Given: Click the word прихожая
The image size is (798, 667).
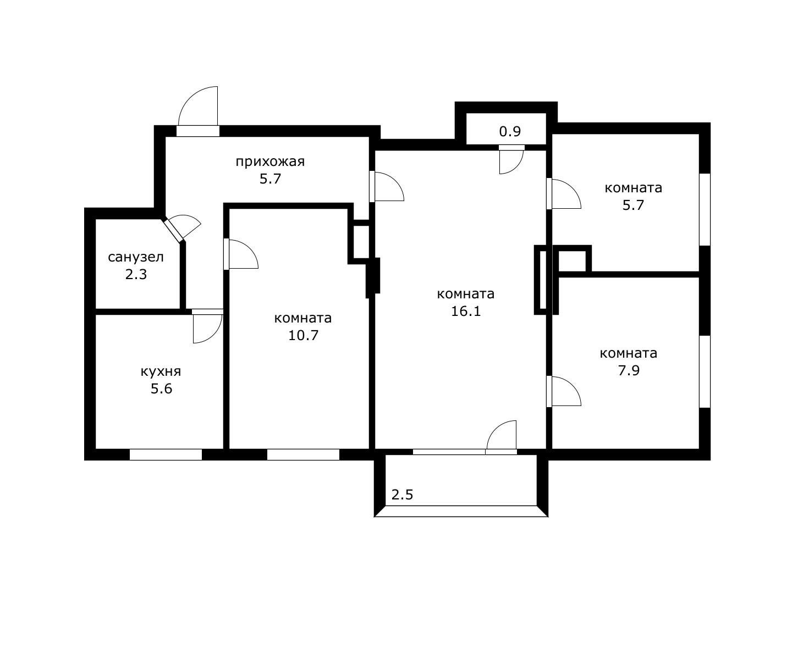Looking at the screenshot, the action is click(270, 162).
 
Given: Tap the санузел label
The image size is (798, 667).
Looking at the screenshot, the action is click(136, 257).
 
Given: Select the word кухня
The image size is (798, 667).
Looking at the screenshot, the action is click(161, 372).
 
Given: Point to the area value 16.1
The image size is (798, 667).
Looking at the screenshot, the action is click(466, 311).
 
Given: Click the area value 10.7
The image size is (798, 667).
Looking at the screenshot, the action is click(303, 335).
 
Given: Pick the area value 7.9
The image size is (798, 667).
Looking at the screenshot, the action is click(629, 370).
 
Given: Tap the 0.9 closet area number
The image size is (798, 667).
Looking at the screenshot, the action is click(510, 131).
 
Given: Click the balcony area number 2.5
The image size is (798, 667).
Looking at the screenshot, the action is click(402, 495).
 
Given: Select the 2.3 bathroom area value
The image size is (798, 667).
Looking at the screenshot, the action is click(136, 275).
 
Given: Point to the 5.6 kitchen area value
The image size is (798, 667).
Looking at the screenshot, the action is click(161, 388).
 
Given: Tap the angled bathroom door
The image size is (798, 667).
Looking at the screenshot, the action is click(173, 230).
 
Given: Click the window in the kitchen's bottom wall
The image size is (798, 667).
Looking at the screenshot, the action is click(166, 455).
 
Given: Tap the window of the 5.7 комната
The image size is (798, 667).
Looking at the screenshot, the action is click(705, 210).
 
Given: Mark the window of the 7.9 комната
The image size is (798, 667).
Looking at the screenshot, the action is click(705, 371).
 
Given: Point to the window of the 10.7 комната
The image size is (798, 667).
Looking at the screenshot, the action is click(303, 455).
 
